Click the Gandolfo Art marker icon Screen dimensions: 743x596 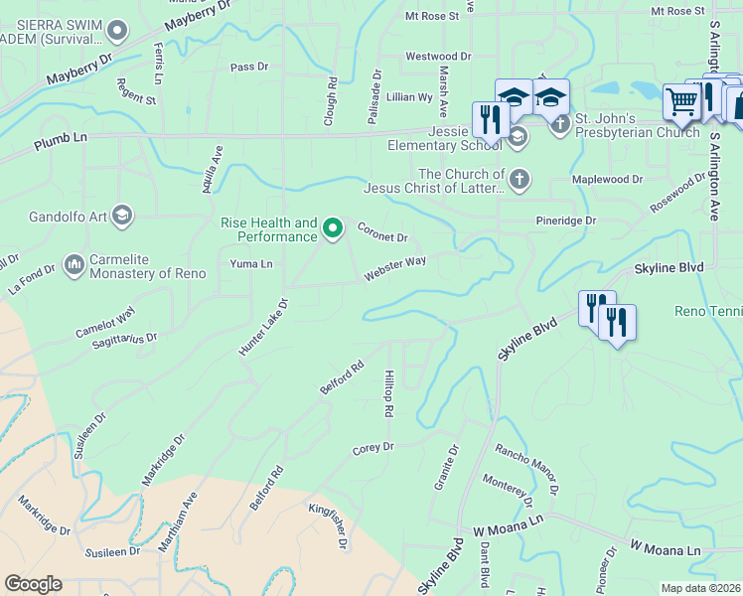122,215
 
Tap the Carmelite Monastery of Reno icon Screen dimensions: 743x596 74,265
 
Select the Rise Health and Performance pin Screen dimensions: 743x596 334,229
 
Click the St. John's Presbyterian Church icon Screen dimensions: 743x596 560,123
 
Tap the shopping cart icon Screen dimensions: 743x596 681,100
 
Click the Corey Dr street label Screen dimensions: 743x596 373,449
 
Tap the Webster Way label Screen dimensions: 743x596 394,267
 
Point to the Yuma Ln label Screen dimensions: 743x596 251,264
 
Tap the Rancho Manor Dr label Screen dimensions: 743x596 527,468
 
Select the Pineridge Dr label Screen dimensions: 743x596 561,220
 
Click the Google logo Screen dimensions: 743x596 33,584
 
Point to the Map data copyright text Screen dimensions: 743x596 700,588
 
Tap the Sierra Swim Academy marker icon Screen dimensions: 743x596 118,31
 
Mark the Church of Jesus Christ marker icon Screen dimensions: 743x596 519,180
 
